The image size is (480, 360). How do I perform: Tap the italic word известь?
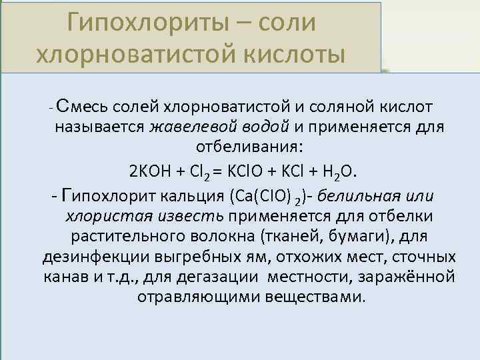[192, 217]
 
